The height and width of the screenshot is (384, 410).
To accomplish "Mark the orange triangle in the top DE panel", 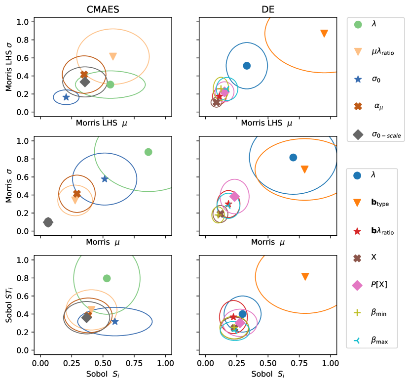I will click(x=324, y=34).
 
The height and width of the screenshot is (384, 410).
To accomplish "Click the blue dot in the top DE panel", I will click(x=247, y=66).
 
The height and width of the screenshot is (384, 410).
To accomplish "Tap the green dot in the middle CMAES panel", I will click(x=148, y=152).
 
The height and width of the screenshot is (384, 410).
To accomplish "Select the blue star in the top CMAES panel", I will click(x=66, y=97).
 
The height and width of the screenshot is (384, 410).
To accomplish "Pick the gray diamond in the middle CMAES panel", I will click(x=48, y=222).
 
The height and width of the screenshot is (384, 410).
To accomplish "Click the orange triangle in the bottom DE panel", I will click(x=305, y=276).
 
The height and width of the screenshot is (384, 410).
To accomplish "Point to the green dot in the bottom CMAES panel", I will click(x=107, y=278).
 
